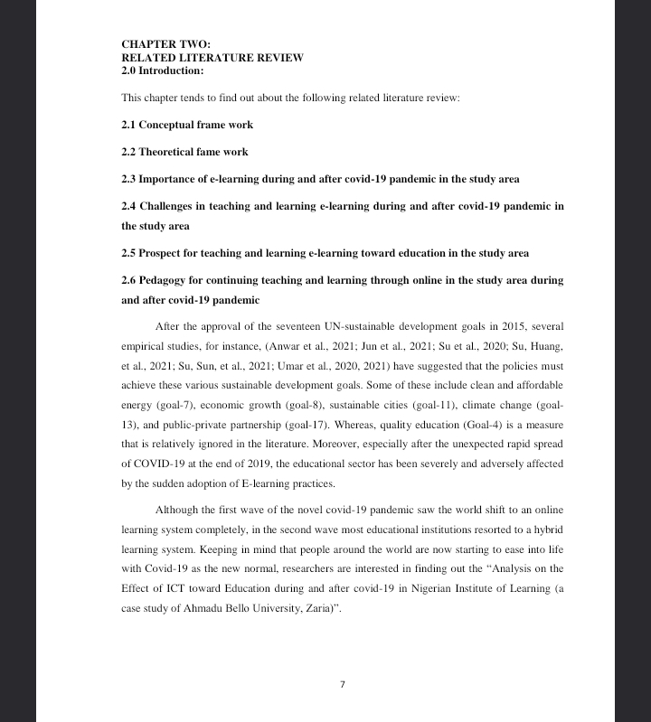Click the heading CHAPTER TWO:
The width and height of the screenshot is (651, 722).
(x=165, y=43)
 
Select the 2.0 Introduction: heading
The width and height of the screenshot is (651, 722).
(x=163, y=70)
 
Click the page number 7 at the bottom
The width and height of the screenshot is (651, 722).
(x=343, y=684)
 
